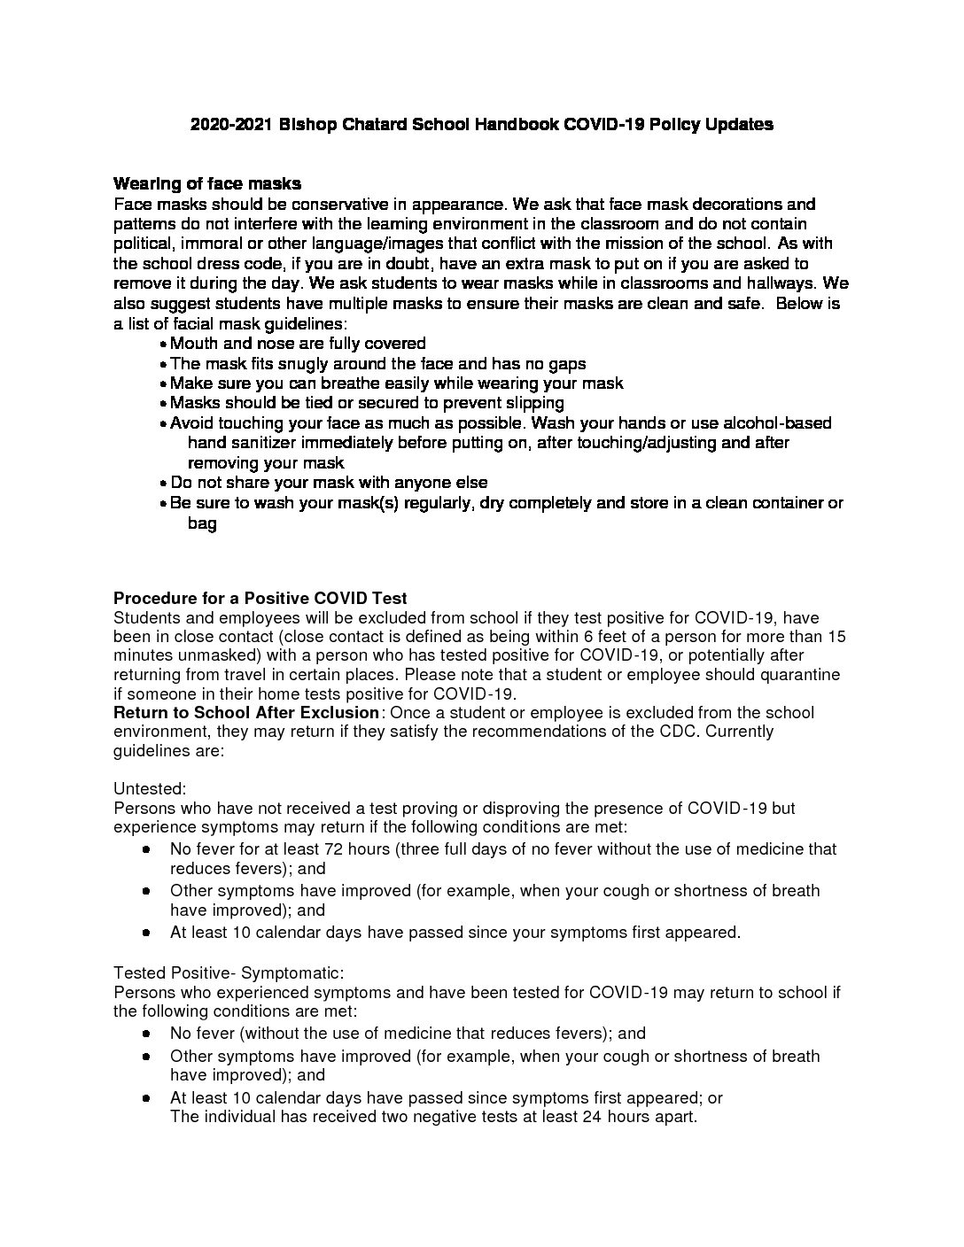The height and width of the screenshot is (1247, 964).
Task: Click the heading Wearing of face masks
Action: tap(207, 184)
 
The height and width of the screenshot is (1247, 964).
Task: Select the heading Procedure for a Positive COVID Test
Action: tap(260, 599)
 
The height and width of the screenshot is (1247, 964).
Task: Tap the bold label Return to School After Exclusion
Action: tap(246, 713)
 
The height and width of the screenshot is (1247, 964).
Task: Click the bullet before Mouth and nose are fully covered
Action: tap(164, 345)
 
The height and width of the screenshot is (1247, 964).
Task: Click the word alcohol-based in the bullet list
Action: tap(777, 423)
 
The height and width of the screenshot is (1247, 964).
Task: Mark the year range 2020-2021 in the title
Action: tap(231, 125)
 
